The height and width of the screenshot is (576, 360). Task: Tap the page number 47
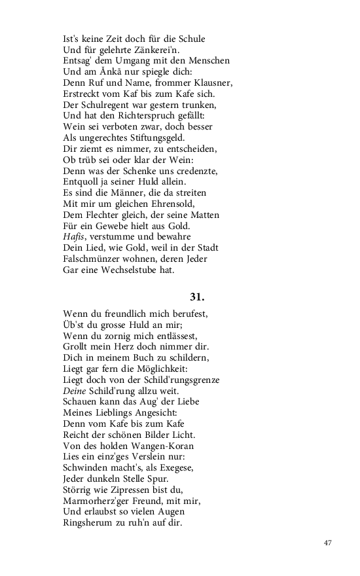click(329, 543)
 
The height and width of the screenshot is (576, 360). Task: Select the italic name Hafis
click(75, 237)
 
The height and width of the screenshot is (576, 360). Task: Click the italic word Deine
click(75, 390)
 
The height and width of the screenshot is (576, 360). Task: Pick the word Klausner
click(209, 83)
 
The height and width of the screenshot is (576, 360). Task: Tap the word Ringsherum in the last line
click(90, 522)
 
